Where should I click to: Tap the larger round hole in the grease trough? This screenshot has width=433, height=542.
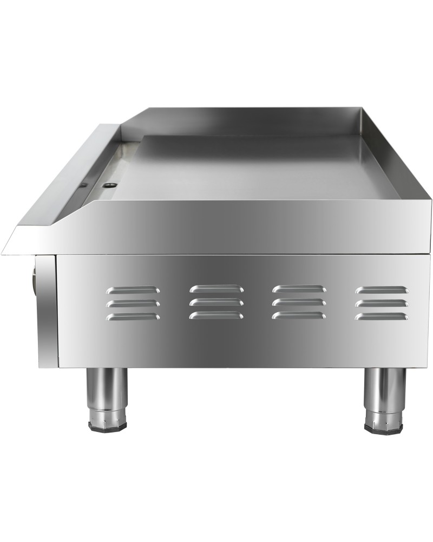tap(110, 185)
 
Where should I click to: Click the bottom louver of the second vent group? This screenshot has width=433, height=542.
tap(215, 315)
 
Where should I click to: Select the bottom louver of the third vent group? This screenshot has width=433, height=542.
tap(299, 315)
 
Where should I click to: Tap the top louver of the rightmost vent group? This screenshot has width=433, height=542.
tap(382, 289)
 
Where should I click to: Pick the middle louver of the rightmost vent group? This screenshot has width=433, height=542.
tap(382, 302)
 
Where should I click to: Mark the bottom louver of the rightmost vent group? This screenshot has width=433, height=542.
tap(382, 315)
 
